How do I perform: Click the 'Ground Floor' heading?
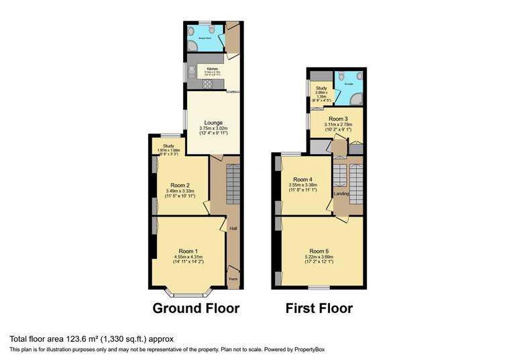(x=196, y=308)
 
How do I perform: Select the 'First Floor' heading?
(x=319, y=308)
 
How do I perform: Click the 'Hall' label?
(x=233, y=229)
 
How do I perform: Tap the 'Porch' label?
(x=233, y=279)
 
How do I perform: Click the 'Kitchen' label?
(x=213, y=69)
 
